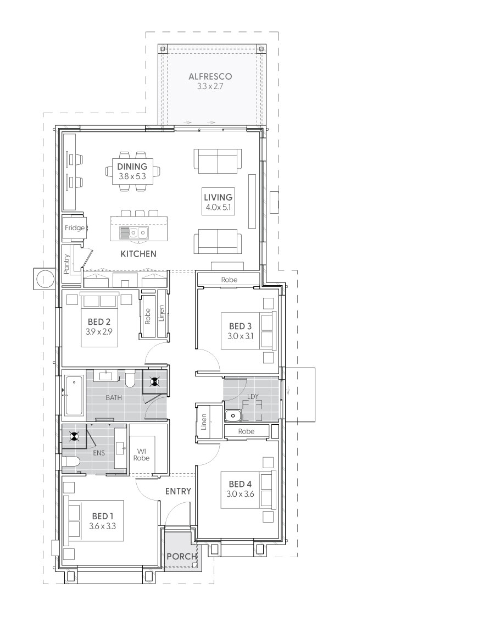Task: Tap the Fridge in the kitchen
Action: (x=74, y=228)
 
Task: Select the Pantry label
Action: (x=66, y=264)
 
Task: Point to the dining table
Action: (x=132, y=171)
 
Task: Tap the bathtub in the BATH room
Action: (x=74, y=395)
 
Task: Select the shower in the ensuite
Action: (x=74, y=437)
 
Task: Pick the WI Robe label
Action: (x=141, y=454)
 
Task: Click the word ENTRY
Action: (x=178, y=491)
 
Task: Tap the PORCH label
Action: (x=181, y=556)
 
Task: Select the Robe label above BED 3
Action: (x=229, y=280)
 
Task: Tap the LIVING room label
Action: (x=218, y=197)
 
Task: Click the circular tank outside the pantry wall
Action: (x=43, y=278)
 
